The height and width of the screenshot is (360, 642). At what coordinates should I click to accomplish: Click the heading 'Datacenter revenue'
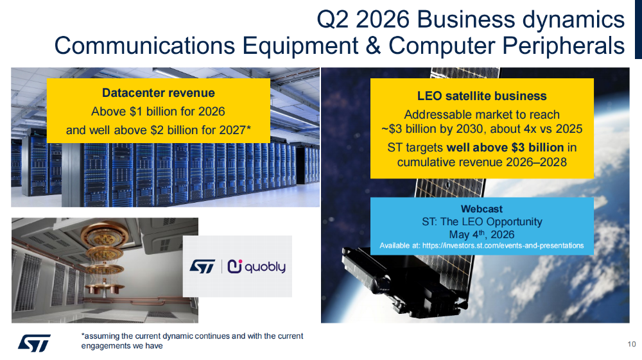click(158, 93)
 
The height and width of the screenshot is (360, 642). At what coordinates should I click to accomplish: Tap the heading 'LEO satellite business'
click(482, 96)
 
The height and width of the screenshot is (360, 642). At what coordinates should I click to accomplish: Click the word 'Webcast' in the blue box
click(481, 209)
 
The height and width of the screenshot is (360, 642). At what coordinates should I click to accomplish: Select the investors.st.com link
click(503, 245)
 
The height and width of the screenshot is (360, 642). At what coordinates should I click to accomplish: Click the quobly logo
click(257, 266)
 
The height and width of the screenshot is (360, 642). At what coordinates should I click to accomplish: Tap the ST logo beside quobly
click(202, 266)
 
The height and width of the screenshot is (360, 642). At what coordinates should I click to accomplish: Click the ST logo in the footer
click(34, 343)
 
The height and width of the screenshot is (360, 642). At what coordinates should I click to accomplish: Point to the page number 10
click(631, 344)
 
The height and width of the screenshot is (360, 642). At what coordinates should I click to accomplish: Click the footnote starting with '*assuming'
click(192, 341)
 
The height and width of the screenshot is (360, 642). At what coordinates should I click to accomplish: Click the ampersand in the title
click(372, 46)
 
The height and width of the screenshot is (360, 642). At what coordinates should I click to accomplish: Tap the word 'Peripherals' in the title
click(564, 46)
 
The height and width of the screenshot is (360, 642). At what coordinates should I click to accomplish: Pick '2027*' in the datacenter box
click(234, 130)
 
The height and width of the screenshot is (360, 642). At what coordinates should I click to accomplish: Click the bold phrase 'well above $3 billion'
click(505, 148)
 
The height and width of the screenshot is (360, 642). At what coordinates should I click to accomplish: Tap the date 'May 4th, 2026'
click(481, 234)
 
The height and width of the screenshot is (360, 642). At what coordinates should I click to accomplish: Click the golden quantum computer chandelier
click(105, 260)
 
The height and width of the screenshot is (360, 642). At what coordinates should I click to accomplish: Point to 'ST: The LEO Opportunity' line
click(482, 222)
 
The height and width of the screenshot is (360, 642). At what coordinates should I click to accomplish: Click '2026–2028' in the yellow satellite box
click(536, 162)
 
